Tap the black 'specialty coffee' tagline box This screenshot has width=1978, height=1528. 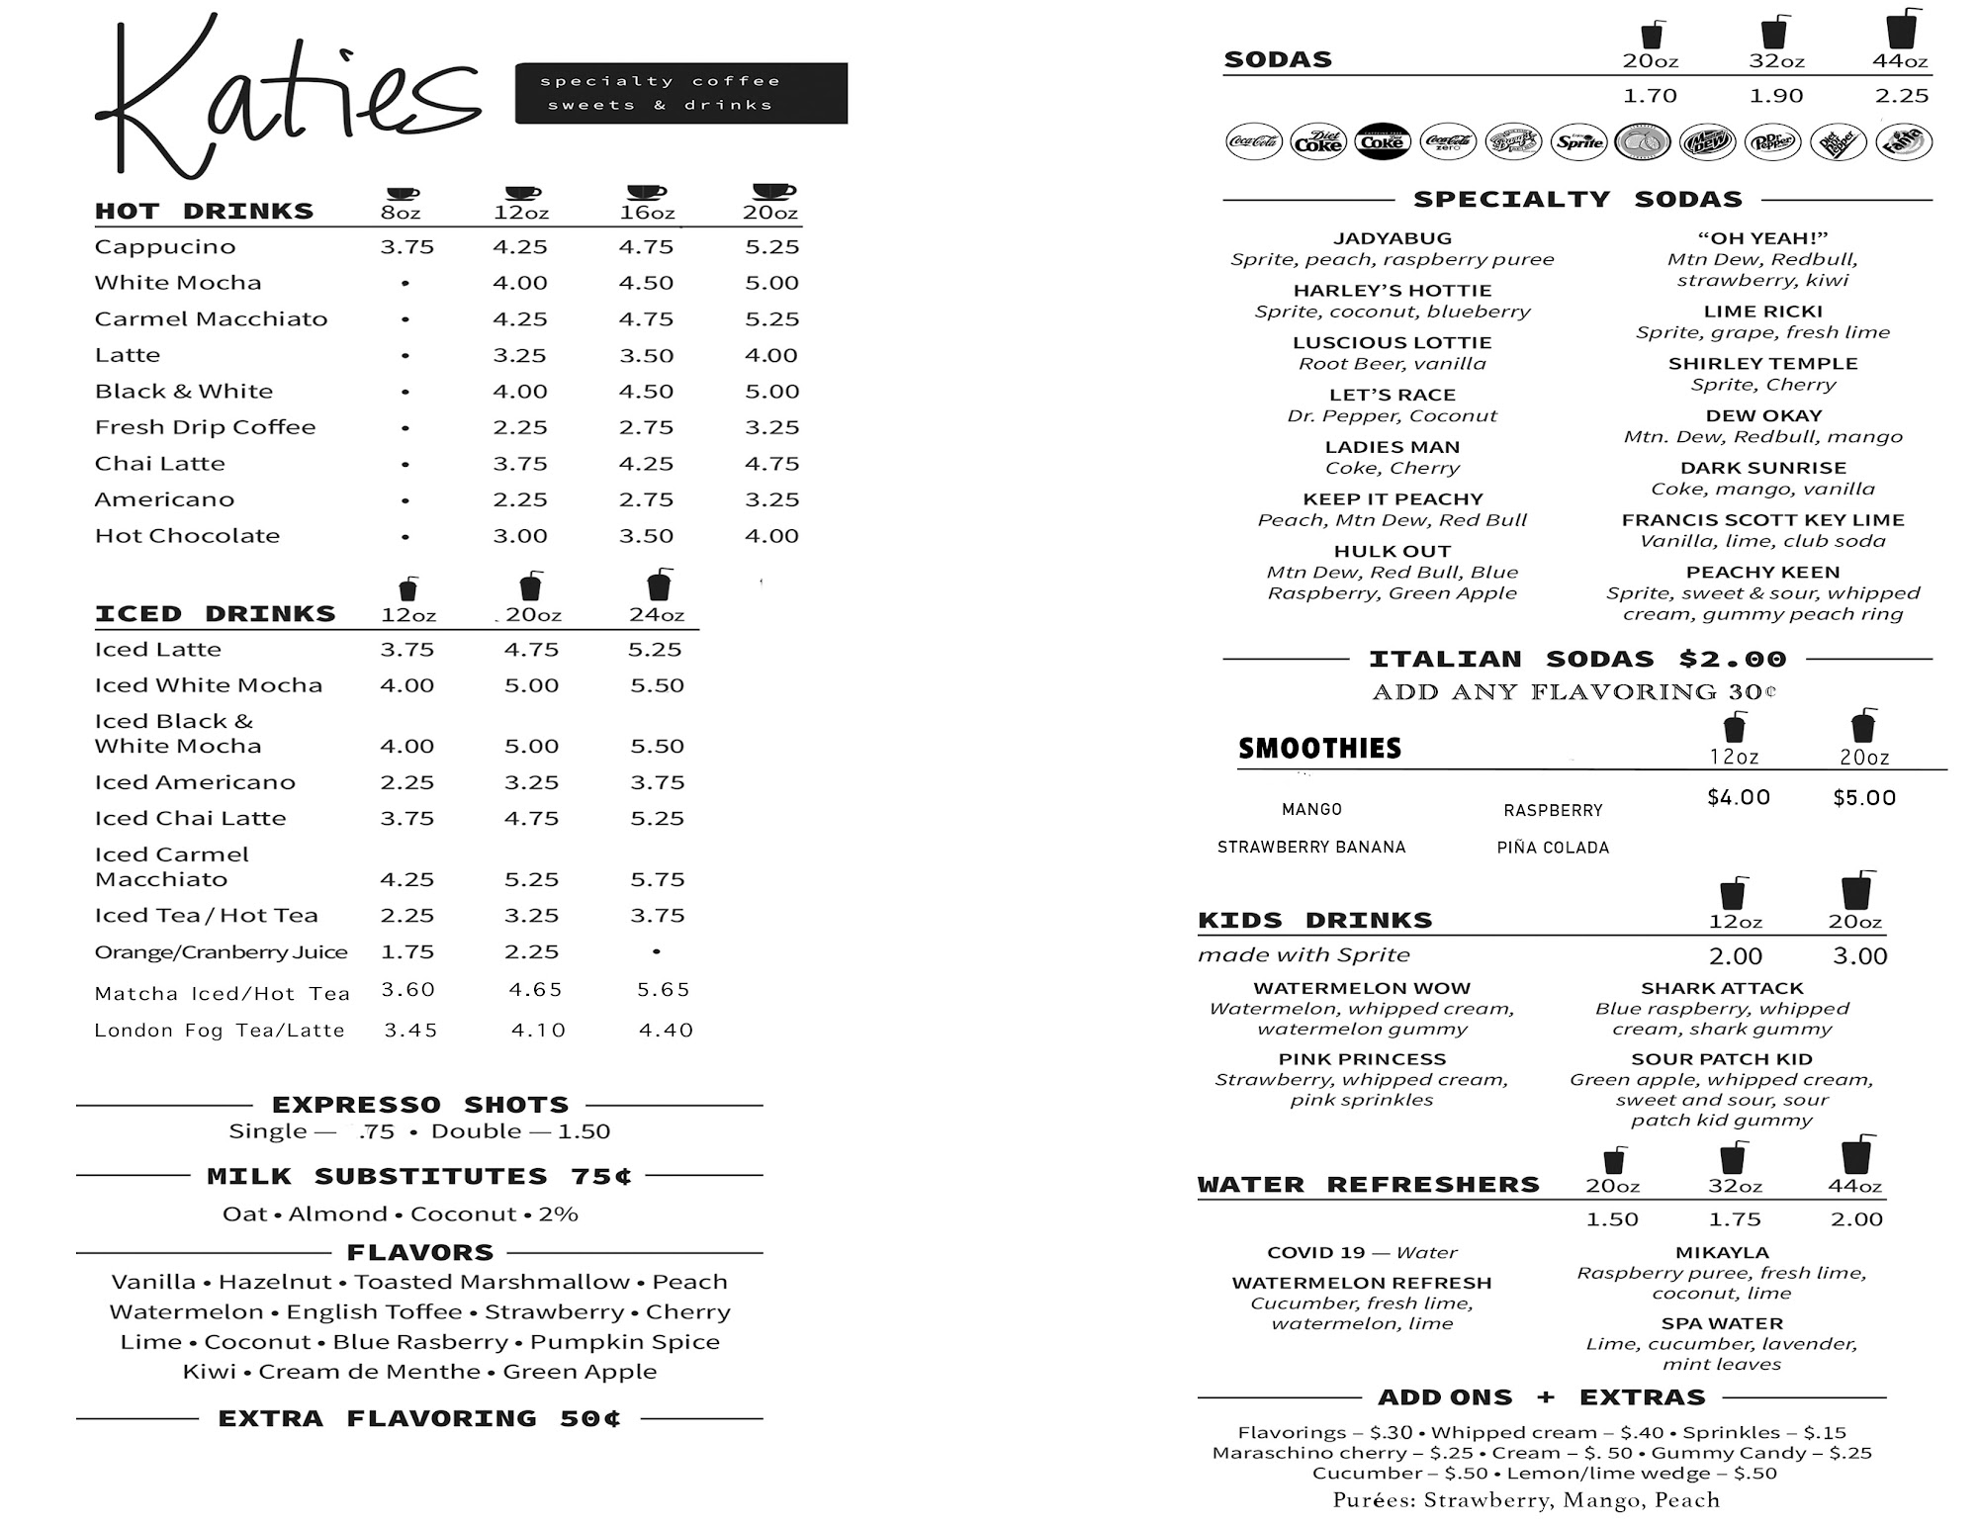tap(680, 93)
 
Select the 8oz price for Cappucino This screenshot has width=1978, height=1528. tap(406, 246)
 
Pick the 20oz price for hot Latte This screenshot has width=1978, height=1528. tap(771, 355)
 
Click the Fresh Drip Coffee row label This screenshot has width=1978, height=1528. tap(205, 427)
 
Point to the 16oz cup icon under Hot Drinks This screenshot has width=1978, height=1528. tap(646, 191)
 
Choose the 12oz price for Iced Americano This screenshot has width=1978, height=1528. tap(406, 782)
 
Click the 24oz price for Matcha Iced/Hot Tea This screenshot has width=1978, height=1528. tap(663, 989)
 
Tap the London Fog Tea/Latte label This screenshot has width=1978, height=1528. tap(220, 1031)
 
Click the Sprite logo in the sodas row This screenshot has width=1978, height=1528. tap(1578, 142)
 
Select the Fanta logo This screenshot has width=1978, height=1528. tap(1904, 141)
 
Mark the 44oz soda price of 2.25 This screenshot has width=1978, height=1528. tap(1901, 96)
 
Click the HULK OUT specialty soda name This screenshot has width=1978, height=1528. tap(1392, 551)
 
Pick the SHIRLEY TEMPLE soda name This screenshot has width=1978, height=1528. tap(1762, 363)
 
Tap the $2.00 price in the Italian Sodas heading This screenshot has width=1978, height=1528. tap(1733, 659)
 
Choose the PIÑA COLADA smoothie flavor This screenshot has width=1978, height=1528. tap(1553, 848)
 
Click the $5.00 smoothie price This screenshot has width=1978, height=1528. tap(1864, 798)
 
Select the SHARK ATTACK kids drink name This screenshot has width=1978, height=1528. tap(1722, 988)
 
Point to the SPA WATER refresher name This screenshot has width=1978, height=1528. tap(1721, 1323)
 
